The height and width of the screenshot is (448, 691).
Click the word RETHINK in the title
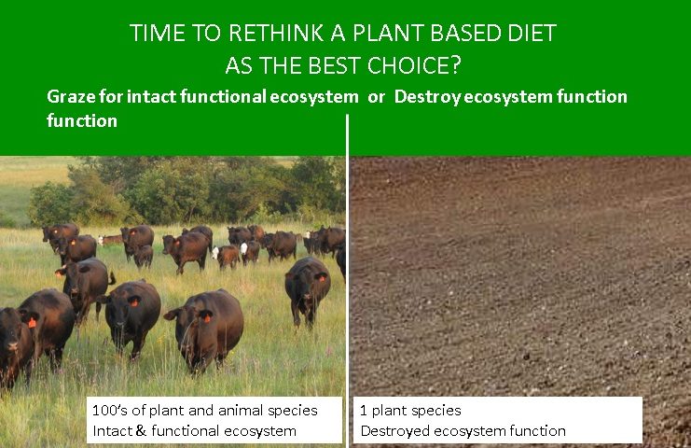[275, 33]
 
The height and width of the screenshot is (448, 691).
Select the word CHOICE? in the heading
[414, 65]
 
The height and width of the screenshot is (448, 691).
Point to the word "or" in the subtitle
[376, 97]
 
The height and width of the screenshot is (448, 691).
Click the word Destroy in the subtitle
[426, 97]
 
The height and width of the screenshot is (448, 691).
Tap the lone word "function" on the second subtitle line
[82, 120]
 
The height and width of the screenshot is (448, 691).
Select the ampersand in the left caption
[141, 430]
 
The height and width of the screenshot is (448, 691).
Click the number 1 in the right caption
[364, 410]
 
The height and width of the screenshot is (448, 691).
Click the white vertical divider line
[347, 281]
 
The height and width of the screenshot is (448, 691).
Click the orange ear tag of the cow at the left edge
[32, 322]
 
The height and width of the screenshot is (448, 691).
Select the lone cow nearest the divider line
[307, 290]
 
